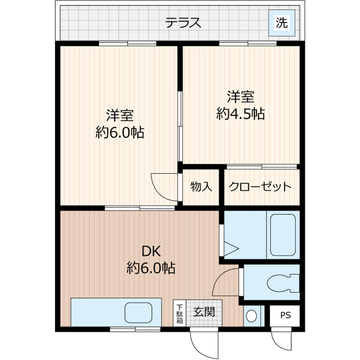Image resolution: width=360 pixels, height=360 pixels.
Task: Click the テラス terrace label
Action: coord(183,23)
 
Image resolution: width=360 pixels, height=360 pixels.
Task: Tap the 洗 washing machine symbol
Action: coord(281,22)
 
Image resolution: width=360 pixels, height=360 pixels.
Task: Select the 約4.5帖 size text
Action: coord(241,114)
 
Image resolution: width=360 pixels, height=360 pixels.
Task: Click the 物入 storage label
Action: coord(201,186)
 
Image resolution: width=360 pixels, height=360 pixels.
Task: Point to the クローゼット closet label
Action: coord(259,186)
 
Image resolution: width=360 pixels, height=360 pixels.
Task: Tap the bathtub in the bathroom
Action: coord(283,234)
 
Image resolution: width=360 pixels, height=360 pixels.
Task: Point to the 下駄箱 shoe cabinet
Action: coord(179,314)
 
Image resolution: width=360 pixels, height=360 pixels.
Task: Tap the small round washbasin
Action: coord(252,316)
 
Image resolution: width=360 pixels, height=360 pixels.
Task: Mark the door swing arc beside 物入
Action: coord(163,186)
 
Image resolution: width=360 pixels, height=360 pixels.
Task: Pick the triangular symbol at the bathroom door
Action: coord(232,247)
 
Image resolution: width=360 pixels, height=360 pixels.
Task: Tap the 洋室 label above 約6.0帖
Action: coord(120,116)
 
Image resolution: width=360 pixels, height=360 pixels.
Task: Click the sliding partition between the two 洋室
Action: coord(180,127)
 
